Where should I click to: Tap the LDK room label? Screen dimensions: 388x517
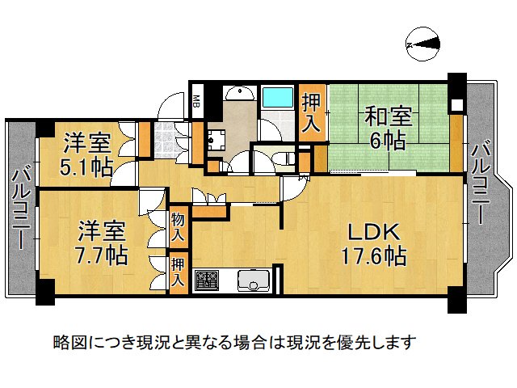(x=373, y=233)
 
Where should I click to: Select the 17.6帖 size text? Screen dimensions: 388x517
(x=373, y=258)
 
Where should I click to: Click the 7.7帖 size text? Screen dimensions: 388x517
(x=103, y=257)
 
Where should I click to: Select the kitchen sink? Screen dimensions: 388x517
(x=253, y=282)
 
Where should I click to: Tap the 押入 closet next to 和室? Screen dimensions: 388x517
(x=312, y=112)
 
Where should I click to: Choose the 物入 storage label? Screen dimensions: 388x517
(x=178, y=228)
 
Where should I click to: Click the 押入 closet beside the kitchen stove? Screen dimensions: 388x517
(x=178, y=273)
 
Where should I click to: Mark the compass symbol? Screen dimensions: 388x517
(x=423, y=44)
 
